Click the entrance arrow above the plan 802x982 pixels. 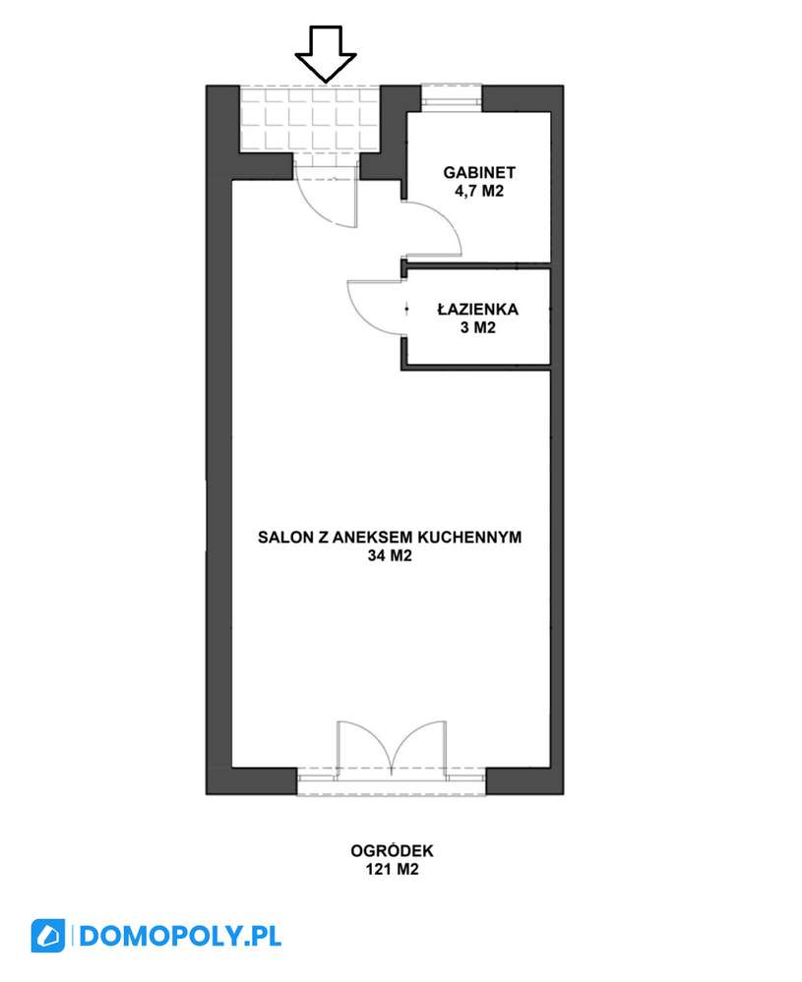[x=326, y=52]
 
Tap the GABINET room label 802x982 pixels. [x=479, y=174]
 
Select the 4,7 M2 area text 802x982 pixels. [x=479, y=193]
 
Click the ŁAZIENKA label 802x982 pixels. [x=478, y=310]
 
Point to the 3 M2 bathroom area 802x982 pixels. [x=478, y=329]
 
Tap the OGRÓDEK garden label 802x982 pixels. [x=392, y=851]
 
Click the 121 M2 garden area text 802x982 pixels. [x=392, y=870]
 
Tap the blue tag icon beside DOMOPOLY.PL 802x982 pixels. [x=47, y=935]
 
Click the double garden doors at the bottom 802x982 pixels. [x=392, y=747]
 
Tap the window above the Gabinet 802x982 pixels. [x=452, y=96]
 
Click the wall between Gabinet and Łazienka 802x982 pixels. [x=478, y=264]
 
